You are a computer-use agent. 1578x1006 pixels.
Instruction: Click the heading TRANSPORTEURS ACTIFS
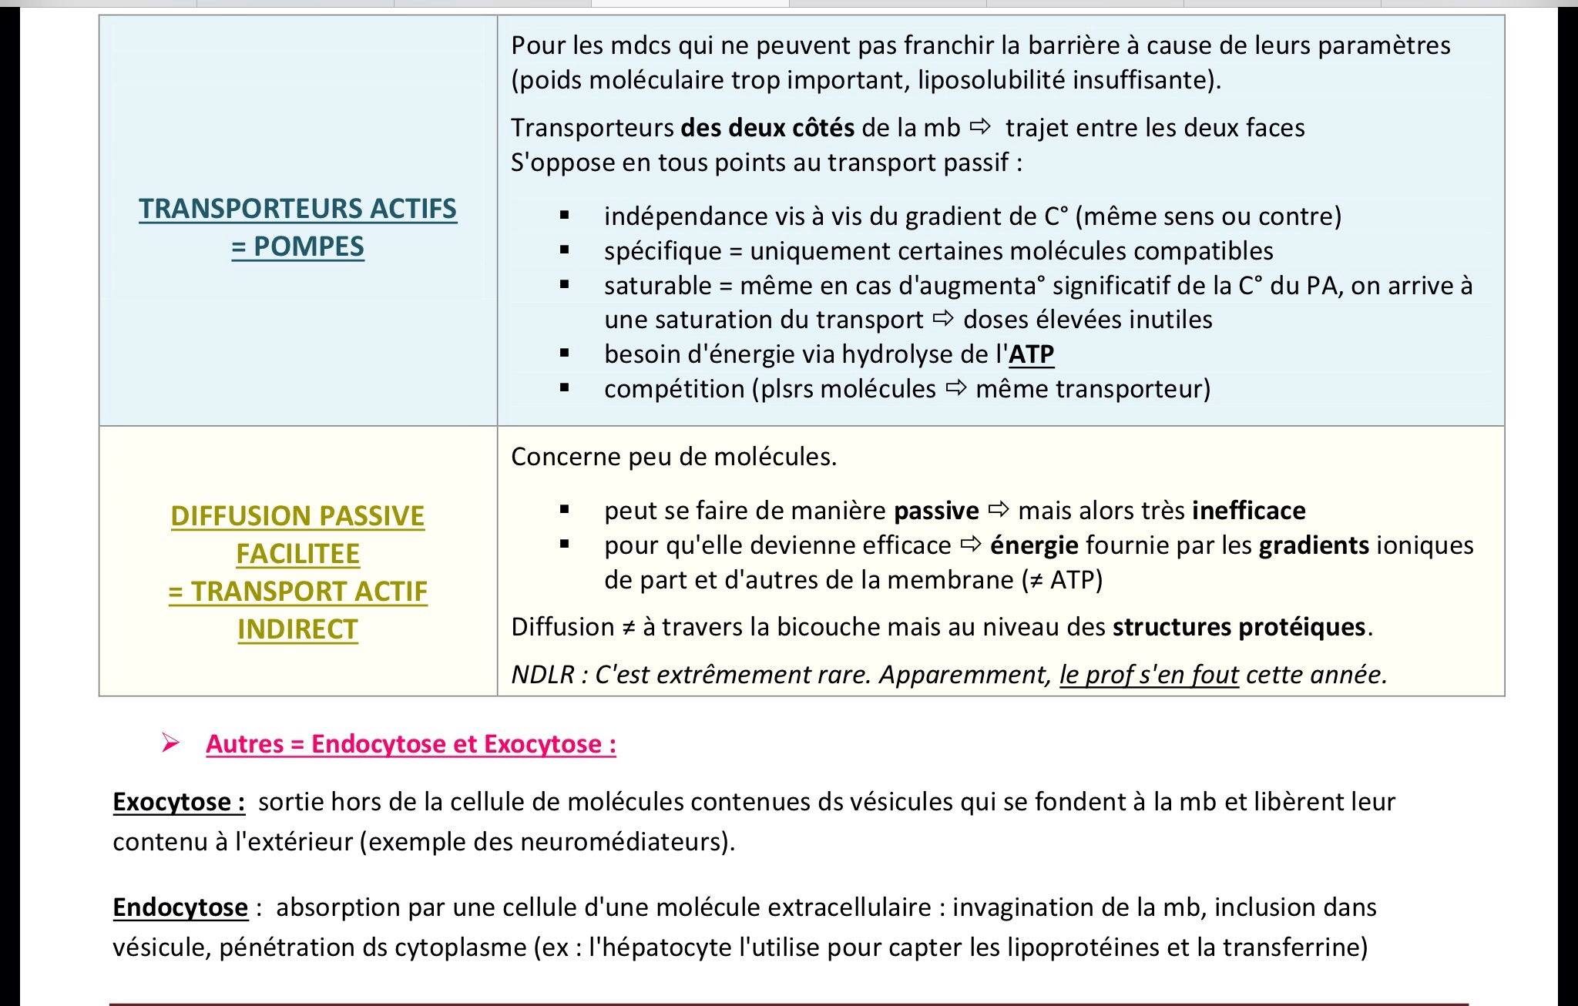click(297, 209)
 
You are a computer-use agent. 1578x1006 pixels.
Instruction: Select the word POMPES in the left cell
click(308, 246)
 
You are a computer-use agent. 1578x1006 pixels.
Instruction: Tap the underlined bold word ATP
click(1031, 354)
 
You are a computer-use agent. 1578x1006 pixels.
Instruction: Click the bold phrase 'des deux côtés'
click(767, 128)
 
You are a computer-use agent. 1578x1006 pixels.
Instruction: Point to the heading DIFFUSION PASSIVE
click(297, 516)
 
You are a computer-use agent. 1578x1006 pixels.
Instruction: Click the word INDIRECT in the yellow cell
click(297, 629)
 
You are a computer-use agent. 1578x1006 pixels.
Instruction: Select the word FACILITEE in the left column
click(297, 554)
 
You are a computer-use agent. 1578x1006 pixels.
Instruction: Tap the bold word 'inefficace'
click(1248, 511)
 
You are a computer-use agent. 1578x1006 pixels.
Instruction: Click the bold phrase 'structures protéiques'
click(1239, 627)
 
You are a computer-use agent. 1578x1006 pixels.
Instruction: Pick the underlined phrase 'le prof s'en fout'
click(1149, 675)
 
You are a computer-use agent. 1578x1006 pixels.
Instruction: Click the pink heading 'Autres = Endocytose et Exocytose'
click(411, 744)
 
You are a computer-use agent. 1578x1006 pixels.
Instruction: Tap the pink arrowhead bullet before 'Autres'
click(170, 743)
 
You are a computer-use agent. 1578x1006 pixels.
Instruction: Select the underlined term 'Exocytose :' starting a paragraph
click(179, 802)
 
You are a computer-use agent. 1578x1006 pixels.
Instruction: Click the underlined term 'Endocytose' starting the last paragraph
click(180, 907)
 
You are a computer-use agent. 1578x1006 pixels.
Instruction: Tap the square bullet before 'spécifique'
click(565, 250)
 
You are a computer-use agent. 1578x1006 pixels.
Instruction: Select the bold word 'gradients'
click(1314, 545)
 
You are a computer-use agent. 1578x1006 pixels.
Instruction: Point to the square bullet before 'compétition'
click(565, 389)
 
